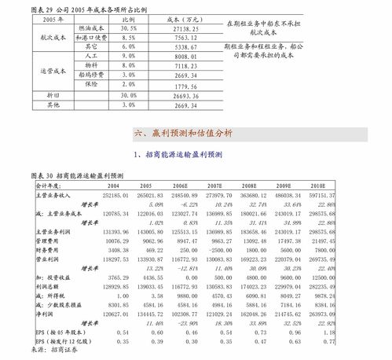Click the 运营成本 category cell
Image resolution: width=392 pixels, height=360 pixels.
point(33,72)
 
